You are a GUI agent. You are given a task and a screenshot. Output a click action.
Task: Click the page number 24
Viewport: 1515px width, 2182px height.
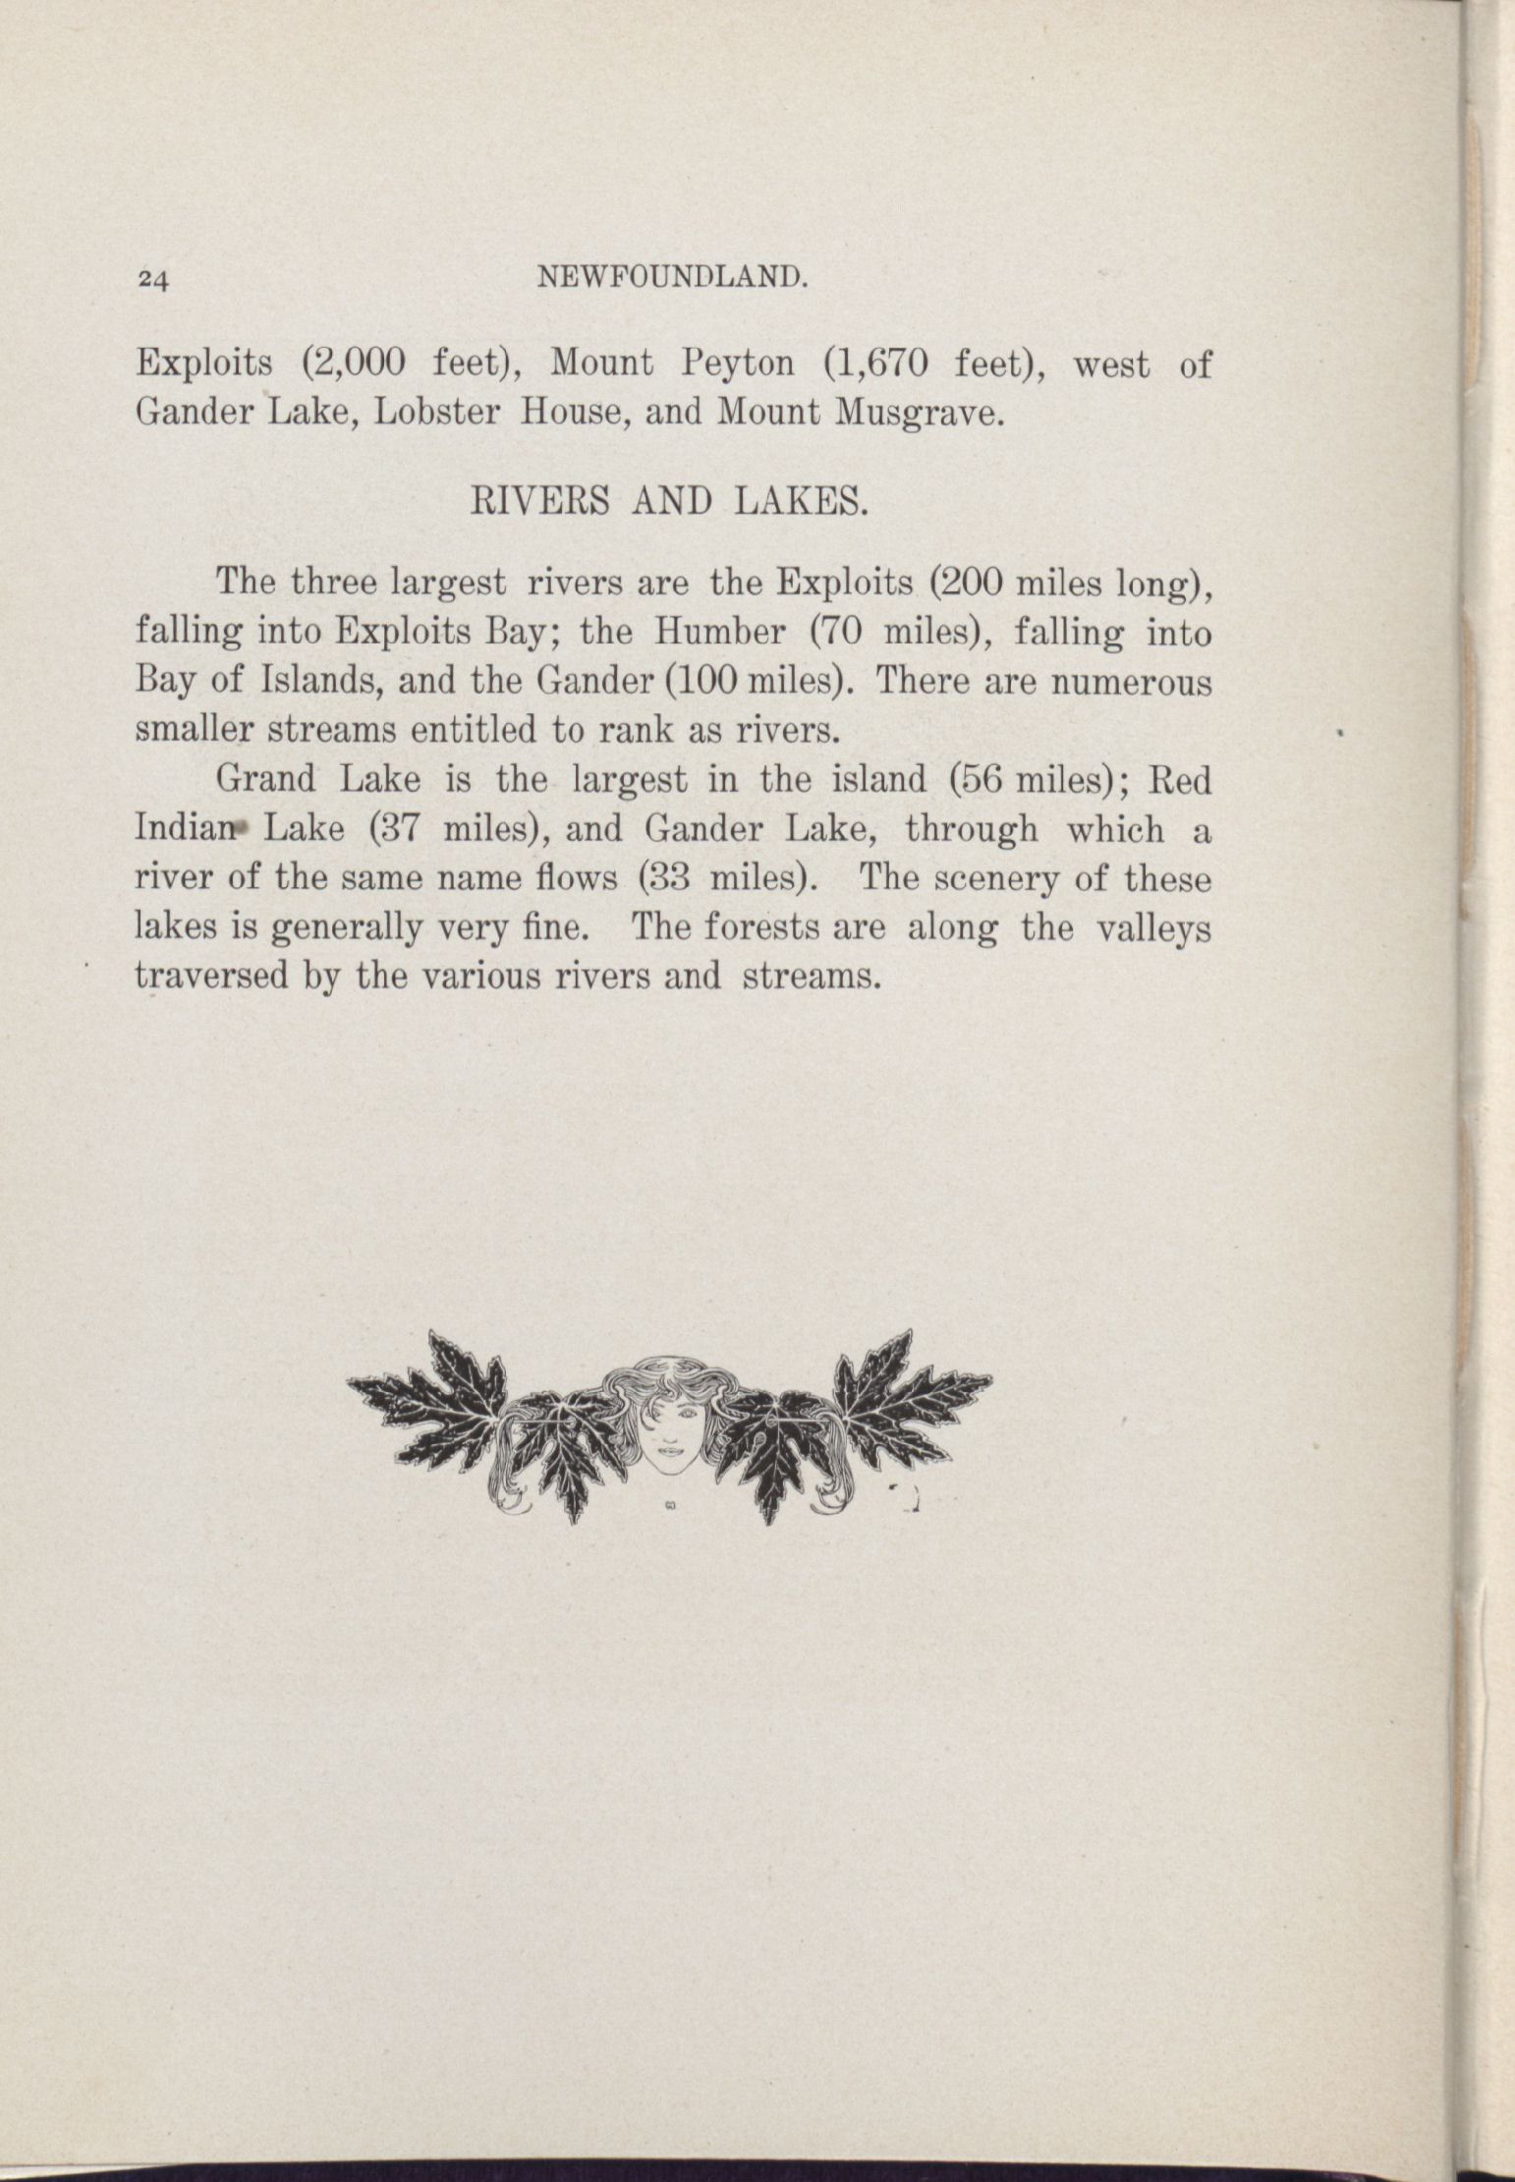(x=154, y=281)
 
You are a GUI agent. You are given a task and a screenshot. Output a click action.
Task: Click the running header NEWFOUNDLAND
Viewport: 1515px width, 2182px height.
(x=674, y=280)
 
